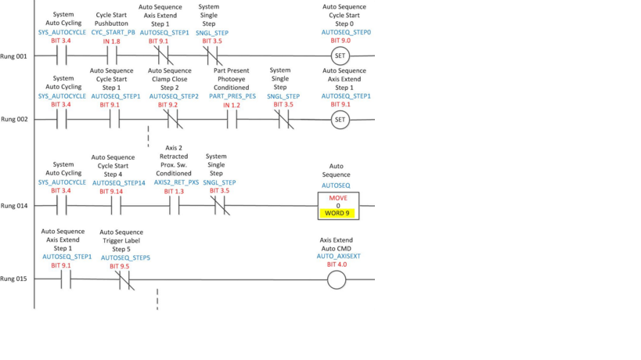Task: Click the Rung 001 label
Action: click(13, 56)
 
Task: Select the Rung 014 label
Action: click(13, 206)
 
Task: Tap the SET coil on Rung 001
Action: click(340, 56)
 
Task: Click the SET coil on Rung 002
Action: click(340, 120)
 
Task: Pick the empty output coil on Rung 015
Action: click(337, 279)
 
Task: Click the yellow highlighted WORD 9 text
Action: click(338, 214)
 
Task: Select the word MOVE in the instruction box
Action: click(338, 198)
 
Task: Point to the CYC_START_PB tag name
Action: click(113, 33)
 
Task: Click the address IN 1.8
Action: click(112, 41)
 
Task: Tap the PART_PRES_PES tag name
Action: click(232, 96)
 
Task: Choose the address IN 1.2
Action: click(232, 105)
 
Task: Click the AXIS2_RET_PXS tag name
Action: click(176, 182)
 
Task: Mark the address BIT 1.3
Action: click(175, 191)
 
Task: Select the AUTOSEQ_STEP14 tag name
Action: click(119, 182)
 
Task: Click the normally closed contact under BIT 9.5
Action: click(125, 279)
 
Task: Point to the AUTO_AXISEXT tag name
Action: click(337, 256)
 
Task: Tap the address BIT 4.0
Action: click(337, 265)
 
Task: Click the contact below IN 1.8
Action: click(112, 56)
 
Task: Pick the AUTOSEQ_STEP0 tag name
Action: click(346, 33)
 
